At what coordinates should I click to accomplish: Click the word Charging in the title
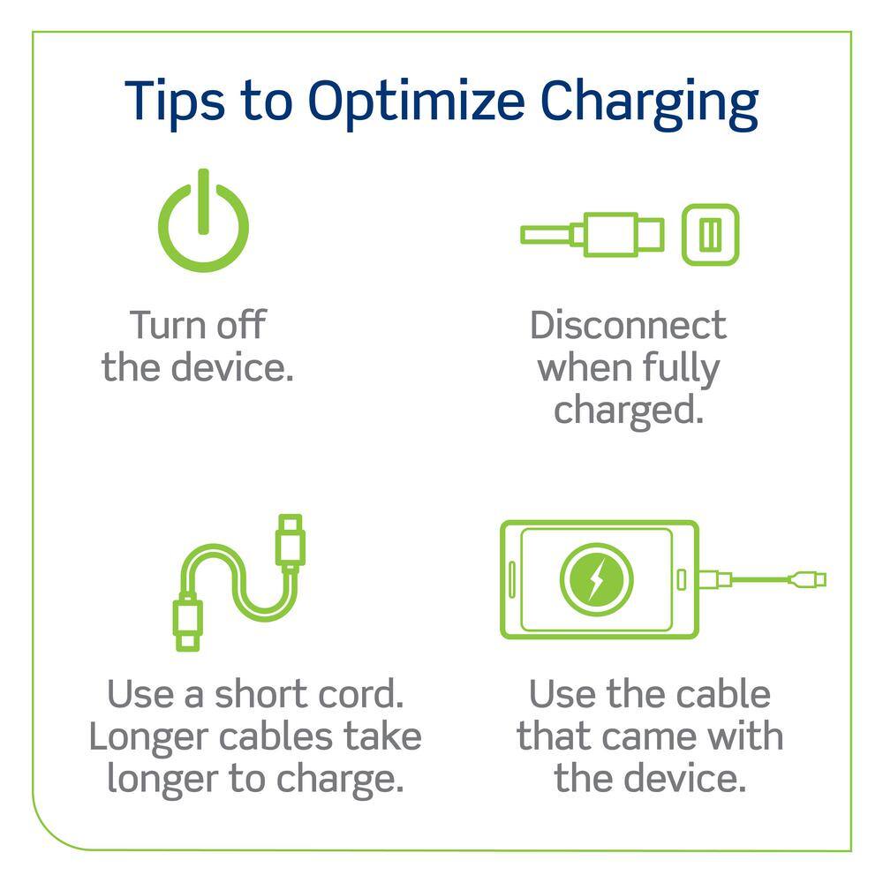[649, 104]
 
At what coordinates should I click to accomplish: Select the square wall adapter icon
[710, 234]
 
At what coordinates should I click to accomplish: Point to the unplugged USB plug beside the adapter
[592, 234]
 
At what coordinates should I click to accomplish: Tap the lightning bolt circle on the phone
[596, 579]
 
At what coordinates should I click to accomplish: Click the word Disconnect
[628, 325]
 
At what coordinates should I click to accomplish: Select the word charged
[629, 411]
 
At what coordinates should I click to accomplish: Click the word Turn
[169, 325]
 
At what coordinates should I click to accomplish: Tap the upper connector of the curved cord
[291, 540]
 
